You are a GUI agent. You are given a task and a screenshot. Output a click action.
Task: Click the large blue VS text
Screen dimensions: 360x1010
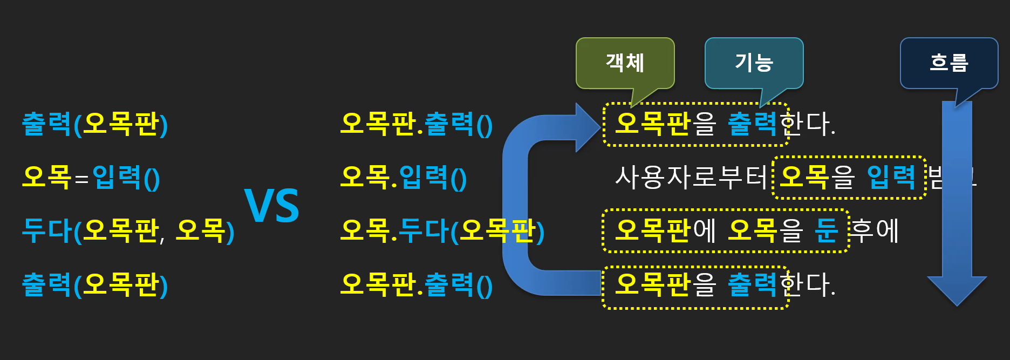tap(272, 206)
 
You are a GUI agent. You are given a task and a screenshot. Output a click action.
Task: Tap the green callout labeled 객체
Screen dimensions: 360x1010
tap(625, 63)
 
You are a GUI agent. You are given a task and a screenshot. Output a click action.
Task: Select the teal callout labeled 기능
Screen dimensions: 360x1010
tap(754, 63)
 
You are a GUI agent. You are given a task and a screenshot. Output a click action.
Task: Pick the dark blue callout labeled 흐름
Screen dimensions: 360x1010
tap(948, 63)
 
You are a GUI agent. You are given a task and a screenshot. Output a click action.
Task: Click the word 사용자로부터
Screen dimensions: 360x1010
tap(691, 177)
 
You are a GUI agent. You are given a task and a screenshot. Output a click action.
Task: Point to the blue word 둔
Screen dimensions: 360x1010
tap(826, 230)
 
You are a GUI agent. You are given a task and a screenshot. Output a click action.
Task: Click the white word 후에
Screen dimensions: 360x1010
tap(875, 230)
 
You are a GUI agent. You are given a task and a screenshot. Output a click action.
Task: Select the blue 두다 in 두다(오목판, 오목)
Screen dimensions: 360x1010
tap(47, 230)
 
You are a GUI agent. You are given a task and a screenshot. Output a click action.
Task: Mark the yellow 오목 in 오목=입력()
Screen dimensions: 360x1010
tap(46, 177)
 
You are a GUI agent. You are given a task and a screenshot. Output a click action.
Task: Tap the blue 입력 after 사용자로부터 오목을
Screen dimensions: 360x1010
tap(891, 177)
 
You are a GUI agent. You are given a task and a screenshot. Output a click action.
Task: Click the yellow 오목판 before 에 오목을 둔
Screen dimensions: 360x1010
tap(652, 230)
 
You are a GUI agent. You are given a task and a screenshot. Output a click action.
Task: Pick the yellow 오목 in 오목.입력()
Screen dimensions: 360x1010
tap(365, 177)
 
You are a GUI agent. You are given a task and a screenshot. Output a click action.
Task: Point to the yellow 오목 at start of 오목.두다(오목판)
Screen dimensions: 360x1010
tap(365, 230)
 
